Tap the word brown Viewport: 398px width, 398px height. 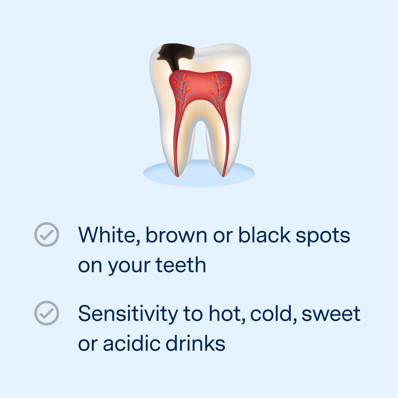[176, 235]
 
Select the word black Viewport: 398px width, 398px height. [264, 235]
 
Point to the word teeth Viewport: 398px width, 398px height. [181, 265]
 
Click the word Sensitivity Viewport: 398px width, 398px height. [128, 314]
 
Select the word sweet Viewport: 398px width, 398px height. [331, 314]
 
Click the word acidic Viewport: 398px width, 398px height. [131, 344]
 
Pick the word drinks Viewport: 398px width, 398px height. [195, 344]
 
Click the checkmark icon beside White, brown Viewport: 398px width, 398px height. [47, 235]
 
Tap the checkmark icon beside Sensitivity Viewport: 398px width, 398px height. [47, 313]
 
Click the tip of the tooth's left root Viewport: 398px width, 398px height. [177, 176]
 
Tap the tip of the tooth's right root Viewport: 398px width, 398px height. [223, 176]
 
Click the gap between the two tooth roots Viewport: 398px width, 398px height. [201, 144]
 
